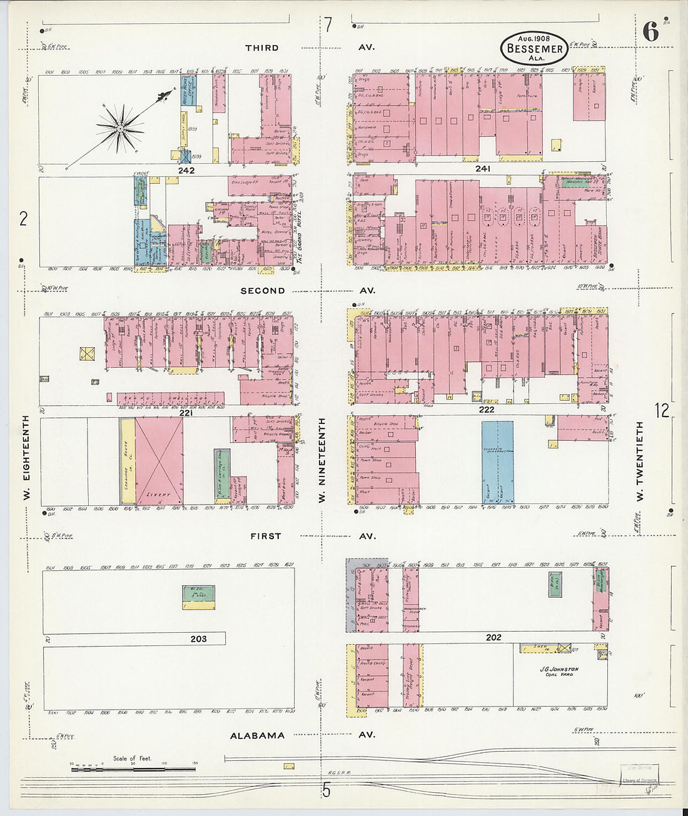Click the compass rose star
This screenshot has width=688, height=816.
click(119, 128)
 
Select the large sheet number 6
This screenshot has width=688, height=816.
click(650, 31)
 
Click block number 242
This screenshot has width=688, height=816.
click(186, 170)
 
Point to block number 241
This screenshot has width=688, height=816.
click(482, 169)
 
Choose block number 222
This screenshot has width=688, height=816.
click(486, 410)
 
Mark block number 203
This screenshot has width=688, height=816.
click(198, 639)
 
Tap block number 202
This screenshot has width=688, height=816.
click(493, 637)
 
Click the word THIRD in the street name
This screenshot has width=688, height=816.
click(262, 48)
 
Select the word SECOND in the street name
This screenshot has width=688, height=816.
click(263, 291)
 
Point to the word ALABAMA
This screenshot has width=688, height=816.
click(257, 736)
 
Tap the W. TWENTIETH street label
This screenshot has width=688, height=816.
click(639, 461)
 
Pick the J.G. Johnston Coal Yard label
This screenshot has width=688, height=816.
click(559, 672)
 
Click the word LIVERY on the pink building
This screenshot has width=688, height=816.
click(158, 495)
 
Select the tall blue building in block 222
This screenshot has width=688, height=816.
click(498, 461)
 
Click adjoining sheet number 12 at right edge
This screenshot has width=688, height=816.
click(662, 410)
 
